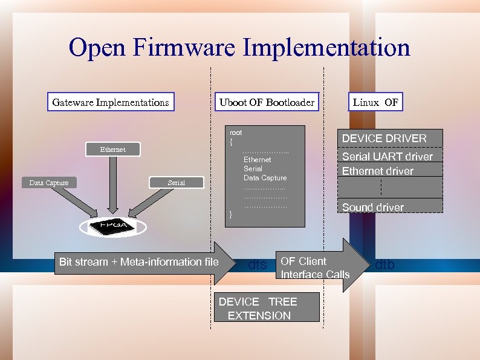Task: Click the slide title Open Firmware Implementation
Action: point(239,47)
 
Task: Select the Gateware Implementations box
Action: point(111,102)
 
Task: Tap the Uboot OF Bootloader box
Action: point(267,102)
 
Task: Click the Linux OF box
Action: point(375,102)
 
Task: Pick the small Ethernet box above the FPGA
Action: point(113,149)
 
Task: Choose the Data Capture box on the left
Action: point(49,183)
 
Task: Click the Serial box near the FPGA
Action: point(177,183)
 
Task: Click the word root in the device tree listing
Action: point(236,133)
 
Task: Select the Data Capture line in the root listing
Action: point(265,178)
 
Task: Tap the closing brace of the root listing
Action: point(230,214)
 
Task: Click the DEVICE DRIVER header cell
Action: point(384,139)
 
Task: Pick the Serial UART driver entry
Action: point(388,157)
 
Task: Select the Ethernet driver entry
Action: point(378,171)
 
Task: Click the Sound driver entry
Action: point(373,208)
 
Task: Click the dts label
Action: point(258,264)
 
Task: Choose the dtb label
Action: point(385,264)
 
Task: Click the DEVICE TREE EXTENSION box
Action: point(267,309)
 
